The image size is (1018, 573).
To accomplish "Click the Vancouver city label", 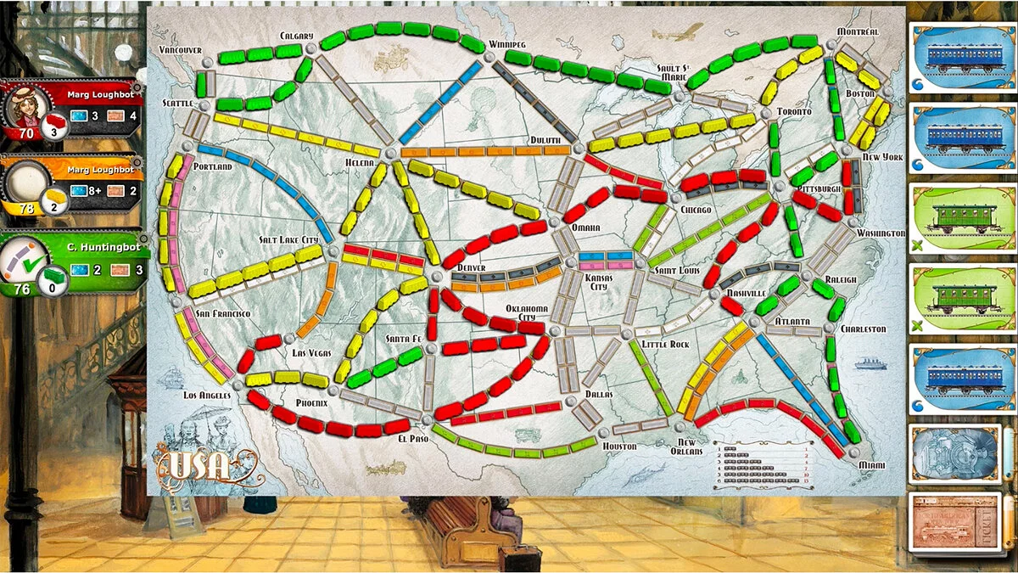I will click(x=181, y=50).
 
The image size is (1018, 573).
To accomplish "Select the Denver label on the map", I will click(x=471, y=267).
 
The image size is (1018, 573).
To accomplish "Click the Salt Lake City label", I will click(x=290, y=240).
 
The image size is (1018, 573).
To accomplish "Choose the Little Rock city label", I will click(x=665, y=345).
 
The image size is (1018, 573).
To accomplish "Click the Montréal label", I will click(x=858, y=31).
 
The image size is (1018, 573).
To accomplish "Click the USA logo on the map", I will click(x=199, y=464).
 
